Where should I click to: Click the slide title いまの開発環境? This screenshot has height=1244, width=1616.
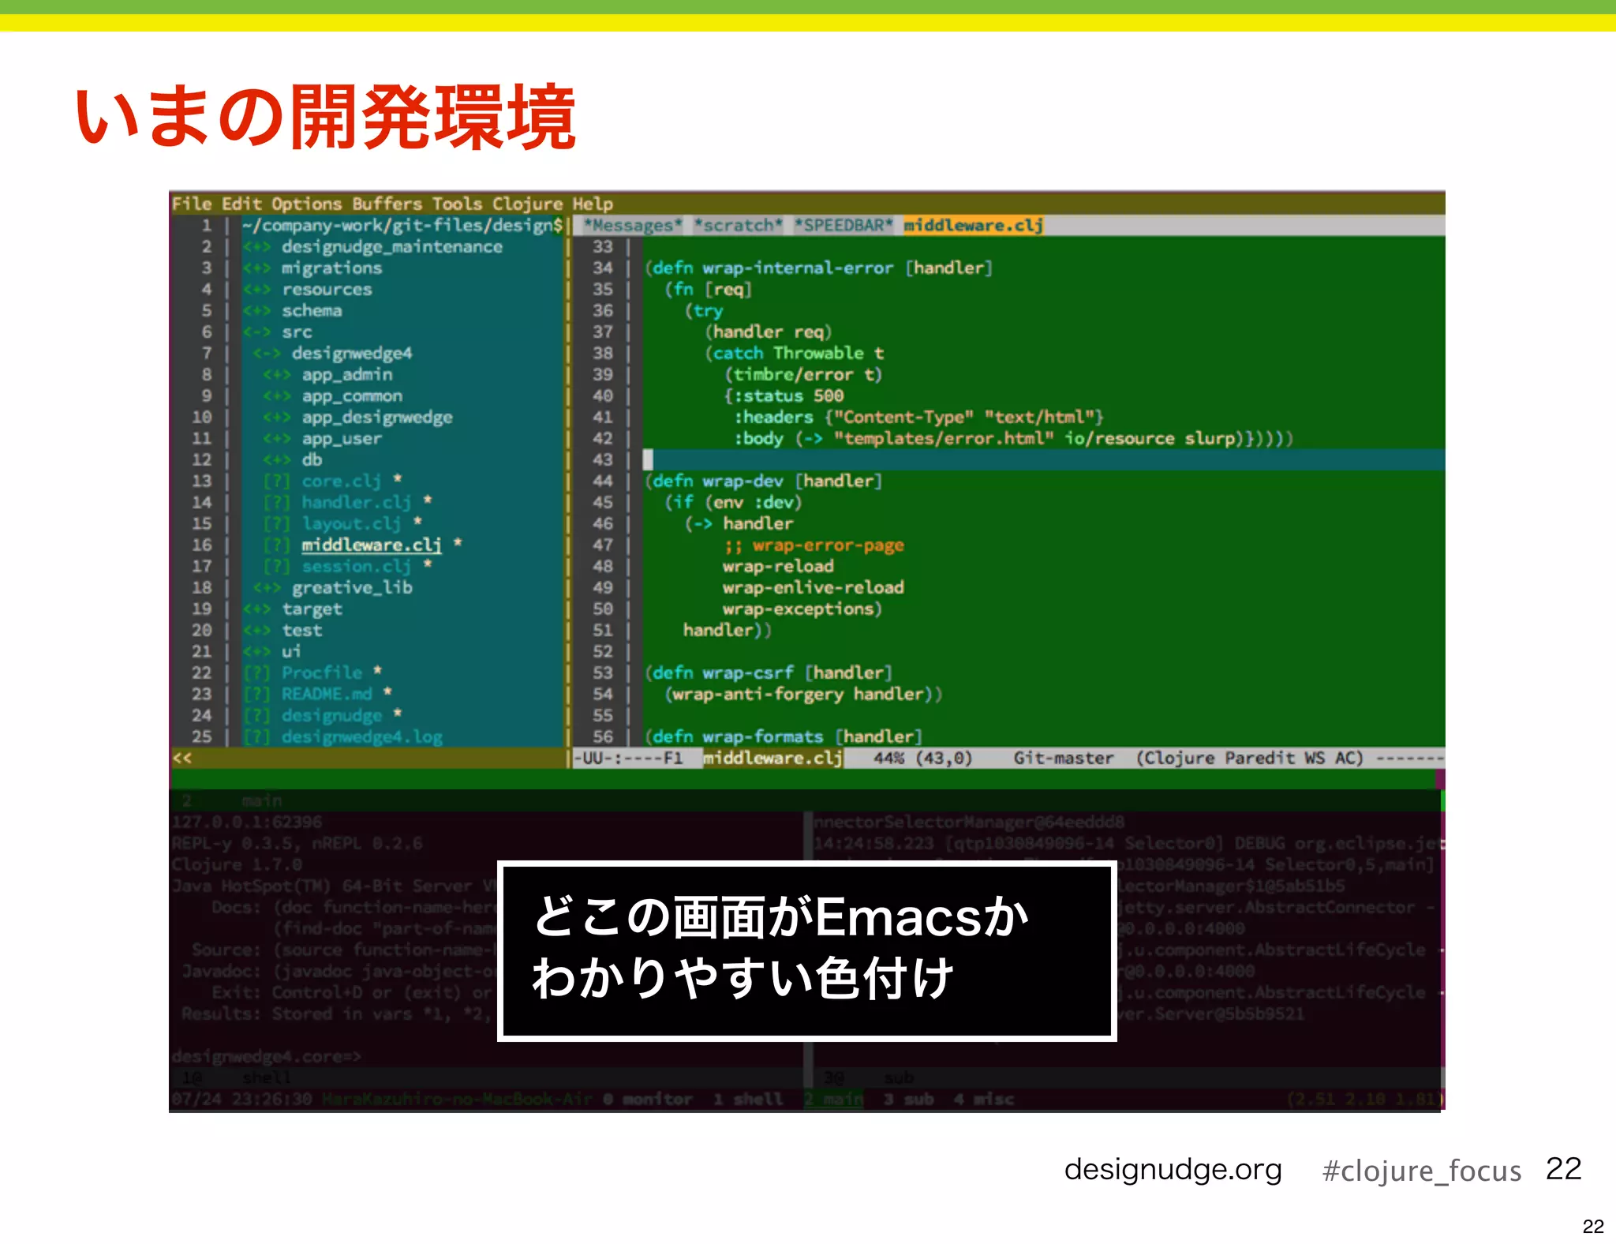(x=325, y=118)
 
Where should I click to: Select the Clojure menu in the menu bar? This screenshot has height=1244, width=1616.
(x=527, y=204)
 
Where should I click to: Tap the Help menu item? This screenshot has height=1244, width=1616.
(x=593, y=204)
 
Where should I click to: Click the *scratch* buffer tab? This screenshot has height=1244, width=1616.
(x=738, y=226)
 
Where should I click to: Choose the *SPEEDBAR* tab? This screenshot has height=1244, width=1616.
(x=843, y=226)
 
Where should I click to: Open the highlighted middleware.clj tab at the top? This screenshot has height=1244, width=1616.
(x=973, y=226)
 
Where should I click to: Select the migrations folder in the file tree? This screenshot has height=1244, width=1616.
(x=331, y=268)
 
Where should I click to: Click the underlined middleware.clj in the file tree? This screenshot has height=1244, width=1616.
(x=371, y=545)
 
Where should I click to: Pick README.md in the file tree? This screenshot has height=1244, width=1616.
(x=327, y=694)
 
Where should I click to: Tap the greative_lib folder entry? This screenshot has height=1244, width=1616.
(x=352, y=588)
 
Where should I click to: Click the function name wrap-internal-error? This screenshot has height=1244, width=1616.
(x=798, y=268)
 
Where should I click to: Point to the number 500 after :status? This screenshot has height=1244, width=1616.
(x=829, y=396)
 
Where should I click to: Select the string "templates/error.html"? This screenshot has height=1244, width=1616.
(x=944, y=439)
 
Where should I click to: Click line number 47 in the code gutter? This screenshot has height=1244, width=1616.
(x=603, y=545)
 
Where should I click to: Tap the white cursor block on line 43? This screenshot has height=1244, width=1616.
(x=648, y=460)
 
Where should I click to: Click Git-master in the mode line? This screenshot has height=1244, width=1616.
(x=1063, y=759)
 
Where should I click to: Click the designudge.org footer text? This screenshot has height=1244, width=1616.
(x=1173, y=1170)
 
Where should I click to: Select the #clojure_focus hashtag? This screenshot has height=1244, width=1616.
(x=1421, y=1171)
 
